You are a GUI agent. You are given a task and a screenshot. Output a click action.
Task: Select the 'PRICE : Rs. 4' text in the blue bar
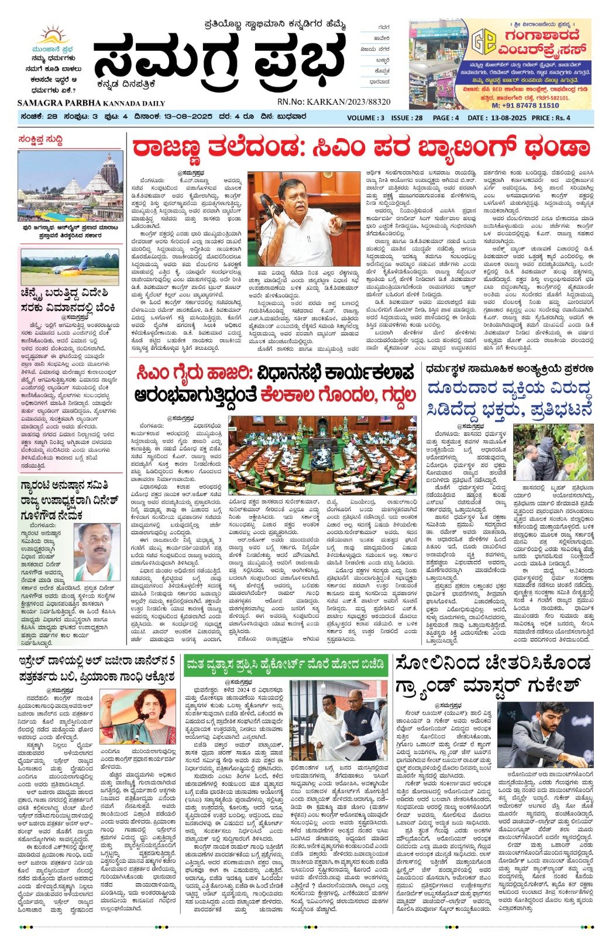[x=551, y=118]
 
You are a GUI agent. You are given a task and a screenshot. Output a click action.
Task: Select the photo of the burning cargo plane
[x=70, y=267]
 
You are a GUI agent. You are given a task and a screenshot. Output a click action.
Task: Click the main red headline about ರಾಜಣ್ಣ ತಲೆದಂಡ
[x=360, y=149]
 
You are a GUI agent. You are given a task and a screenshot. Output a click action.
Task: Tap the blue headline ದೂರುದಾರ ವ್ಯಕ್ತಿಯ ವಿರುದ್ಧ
[x=509, y=389]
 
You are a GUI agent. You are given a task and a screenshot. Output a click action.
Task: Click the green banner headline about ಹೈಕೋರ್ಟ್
[x=285, y=665]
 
